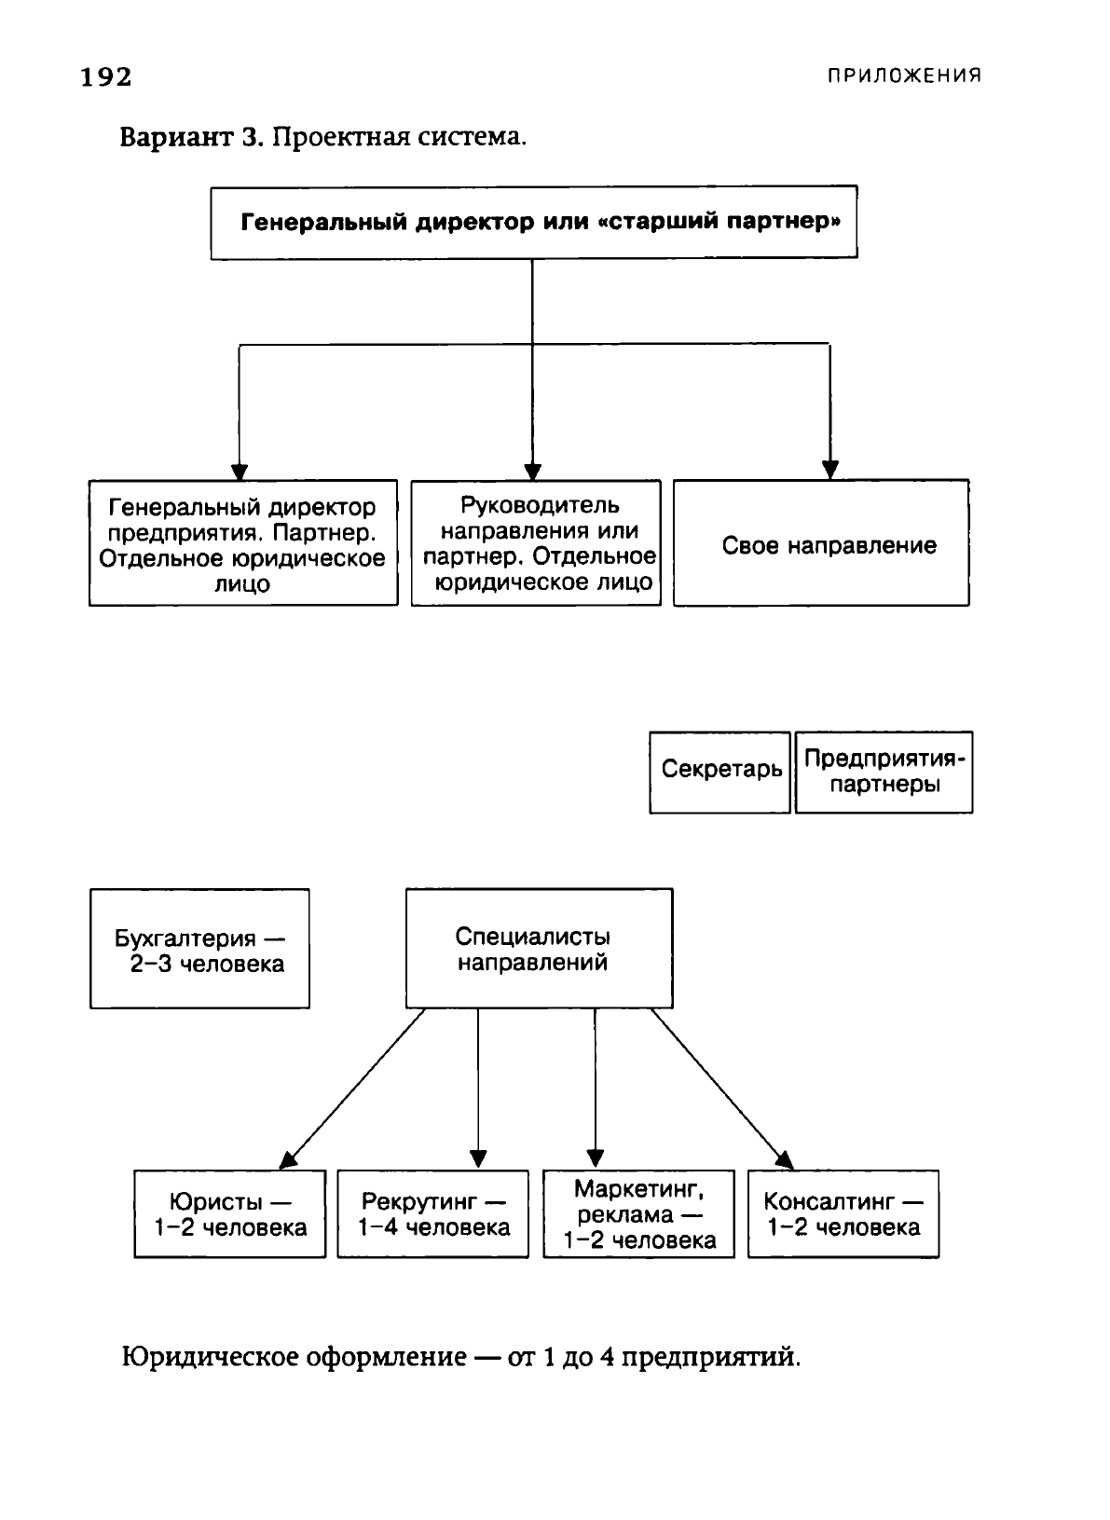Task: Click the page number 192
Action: (106, 77)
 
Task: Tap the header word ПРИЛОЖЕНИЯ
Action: (904, 75)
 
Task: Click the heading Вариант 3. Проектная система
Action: (323, 138)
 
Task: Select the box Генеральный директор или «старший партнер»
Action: (534, 223)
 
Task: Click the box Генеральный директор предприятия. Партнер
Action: (243, 542)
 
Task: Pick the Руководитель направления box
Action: (536, 542)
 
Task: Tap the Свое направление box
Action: (821, 542)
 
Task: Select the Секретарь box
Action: (719, 773)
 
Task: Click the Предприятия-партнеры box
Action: (884, 773)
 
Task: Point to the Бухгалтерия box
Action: (199, 949)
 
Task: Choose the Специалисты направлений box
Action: (540, 948)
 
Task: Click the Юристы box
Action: (230, 1214)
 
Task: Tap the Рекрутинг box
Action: (432, 1214)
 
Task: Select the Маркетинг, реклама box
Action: (638, 1214)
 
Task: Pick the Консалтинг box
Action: (843, 1214)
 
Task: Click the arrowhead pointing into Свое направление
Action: (829, 470)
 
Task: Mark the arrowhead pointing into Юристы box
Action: (288, 1160)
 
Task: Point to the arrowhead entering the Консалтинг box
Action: (785, 1160)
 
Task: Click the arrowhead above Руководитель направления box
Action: (532, 471)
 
